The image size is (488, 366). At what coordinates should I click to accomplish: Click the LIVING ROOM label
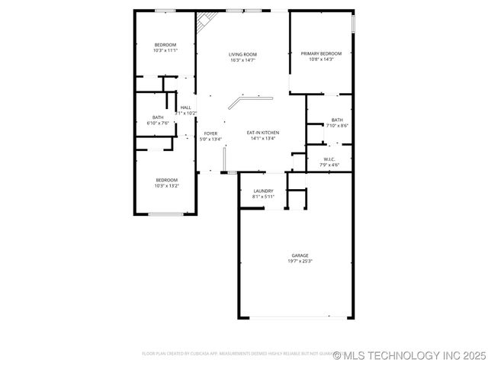click(x=242, y=54)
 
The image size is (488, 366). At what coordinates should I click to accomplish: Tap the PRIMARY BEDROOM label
click(x=316, y=53)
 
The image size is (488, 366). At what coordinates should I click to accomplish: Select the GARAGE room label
click(x=300, y=255)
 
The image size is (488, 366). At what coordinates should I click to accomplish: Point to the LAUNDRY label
click(x=263, y=191)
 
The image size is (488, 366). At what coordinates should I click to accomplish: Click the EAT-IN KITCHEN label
click(x=263, y=133)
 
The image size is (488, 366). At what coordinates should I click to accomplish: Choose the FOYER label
click(x=210, y=133)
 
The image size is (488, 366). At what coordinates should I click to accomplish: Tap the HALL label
click(x=186, y=108)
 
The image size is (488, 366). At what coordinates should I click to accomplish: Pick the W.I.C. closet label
click(x=329, y=159)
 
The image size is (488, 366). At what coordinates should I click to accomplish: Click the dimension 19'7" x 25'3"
click(x=300, y=262)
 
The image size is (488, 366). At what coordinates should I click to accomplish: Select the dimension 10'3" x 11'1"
click(x=165, y=51)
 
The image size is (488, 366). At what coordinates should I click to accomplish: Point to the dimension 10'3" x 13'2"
click(x=165, y=185)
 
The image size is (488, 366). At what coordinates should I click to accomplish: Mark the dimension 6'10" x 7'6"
click(x=158, y=124)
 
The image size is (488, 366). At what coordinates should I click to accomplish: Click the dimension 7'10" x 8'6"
click(x=336, y=126)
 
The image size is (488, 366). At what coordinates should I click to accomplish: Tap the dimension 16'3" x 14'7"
click(x=242, y=60)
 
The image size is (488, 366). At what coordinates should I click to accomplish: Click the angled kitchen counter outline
click(x=252, y=98)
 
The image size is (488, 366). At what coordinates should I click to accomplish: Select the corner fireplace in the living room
click(x=203, y=21)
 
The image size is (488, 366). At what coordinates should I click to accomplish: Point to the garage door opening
click(x=297, y=317)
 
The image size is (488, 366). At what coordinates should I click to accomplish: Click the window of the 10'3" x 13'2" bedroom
click(x=165, y=214)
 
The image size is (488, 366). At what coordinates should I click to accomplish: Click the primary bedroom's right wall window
click(x=354, y=24)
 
